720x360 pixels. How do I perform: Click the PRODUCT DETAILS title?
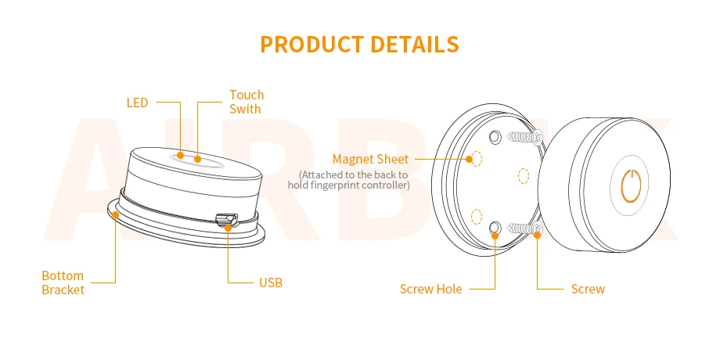pyautogui.click(x=359, y=44)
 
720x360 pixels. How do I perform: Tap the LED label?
pyautogui.click(x=137, y=103)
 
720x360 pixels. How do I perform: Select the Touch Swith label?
pyautogui.click(x=247, y=102)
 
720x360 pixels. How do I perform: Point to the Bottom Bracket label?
pyautogui.click(x=63, y=283)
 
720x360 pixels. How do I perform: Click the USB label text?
pyautogui.click(x=270, y=283)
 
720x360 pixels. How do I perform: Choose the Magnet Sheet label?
pyautogui.click(x=370, y=160)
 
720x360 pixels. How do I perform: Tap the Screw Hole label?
pyautogui.click(x=430, y=289)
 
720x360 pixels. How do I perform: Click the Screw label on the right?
pyautogui.click(x=588, y=289)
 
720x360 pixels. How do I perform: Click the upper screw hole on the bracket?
pyautogui.click(x=495, y=138)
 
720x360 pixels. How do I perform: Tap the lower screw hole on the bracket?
pyautogui.click(x=495, y=228)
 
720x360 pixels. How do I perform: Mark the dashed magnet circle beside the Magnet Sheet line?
pyautogui.click(x=475, y=159)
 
